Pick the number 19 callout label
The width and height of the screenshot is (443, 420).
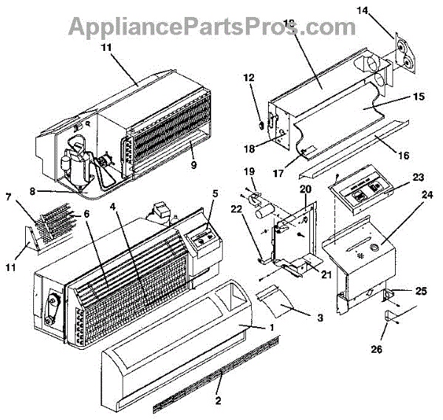[x=249, y=172]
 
